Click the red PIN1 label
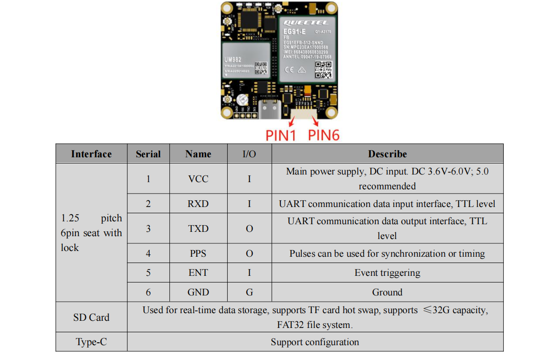(x=281, y=135)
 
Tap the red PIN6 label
(x=323, y=135)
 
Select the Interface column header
(x=91, y=154)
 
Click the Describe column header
(x=387, y=154)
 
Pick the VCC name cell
(x=198, y=179)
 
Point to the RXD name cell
(x=198, y=204)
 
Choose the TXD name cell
(x=198, y=229)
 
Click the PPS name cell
(x=198, y=253)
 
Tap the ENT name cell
(x=198, y=273)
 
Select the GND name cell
(x=198, y=292)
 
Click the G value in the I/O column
(x=249, y=292)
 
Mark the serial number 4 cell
(x=148, y=253)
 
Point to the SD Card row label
(x=91, y=317)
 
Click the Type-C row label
(x=91, y=342)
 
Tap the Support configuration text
(x=315, y=342)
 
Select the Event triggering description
(x=387, y=273)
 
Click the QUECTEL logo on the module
(x=306, y=22)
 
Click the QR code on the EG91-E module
(x=323, y=70)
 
